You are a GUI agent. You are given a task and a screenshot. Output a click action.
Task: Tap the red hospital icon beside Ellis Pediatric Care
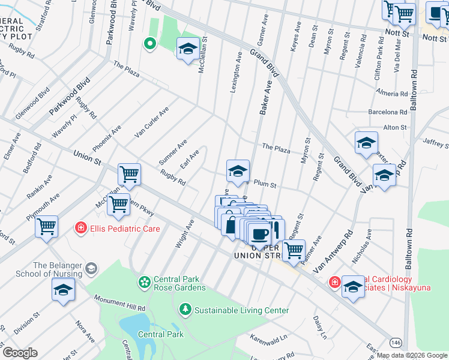point(80,228)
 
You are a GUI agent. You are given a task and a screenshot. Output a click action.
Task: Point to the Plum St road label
point(265,185)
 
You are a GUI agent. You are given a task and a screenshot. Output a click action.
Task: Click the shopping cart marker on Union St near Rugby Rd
point(129,174)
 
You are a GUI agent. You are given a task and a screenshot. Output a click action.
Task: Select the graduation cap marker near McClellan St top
point(188,49)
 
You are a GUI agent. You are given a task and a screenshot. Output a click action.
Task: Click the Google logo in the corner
point(20,353)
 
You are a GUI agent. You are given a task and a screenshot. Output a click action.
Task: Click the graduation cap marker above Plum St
point(238,171)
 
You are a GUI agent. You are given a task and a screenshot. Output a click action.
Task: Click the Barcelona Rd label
point(388,112)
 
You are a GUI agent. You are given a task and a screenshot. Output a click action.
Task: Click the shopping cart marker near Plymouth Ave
point(46,227)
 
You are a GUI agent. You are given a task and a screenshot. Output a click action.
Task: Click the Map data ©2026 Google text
point(412,355)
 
